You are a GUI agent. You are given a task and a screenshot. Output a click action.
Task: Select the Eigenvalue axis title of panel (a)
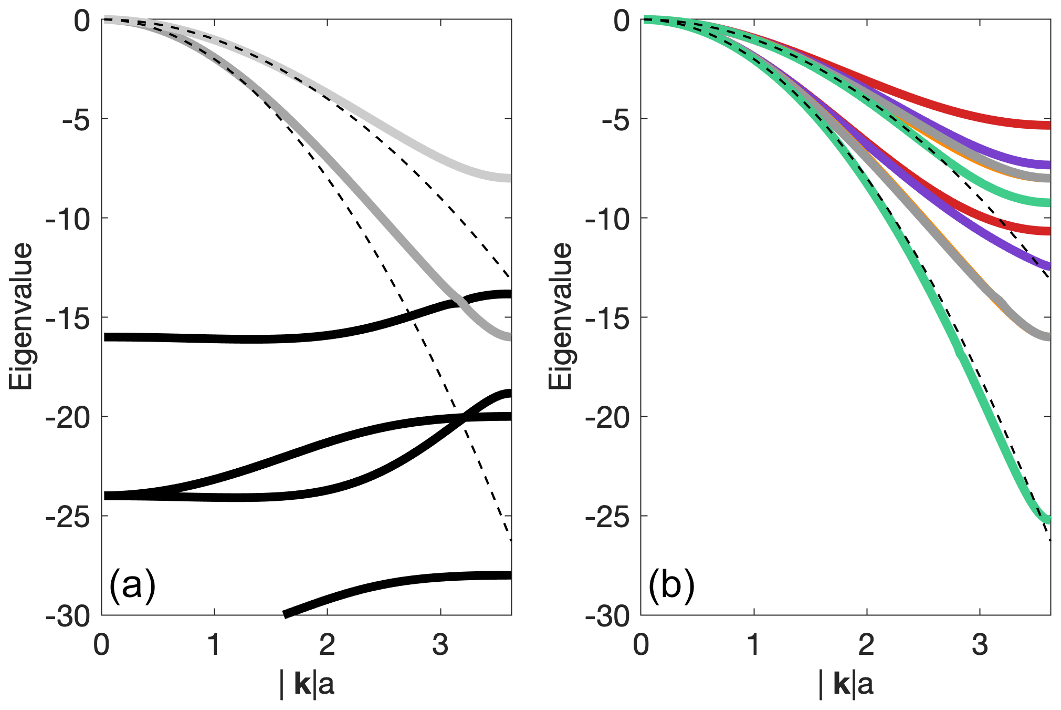[21, 316]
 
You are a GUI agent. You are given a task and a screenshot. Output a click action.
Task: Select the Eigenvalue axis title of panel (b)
[560, 316]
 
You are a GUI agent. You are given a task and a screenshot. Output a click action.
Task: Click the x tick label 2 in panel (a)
[327, 645]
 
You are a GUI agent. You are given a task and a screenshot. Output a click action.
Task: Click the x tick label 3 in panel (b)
[980, 645]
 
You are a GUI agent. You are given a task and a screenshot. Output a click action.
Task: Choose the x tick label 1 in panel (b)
[754, 645]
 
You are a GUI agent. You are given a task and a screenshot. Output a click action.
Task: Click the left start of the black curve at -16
[104, 337]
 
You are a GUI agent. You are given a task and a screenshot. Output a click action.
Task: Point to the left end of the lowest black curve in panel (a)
[286, 614]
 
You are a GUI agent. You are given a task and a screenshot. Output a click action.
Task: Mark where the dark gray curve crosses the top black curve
[458, 302]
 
